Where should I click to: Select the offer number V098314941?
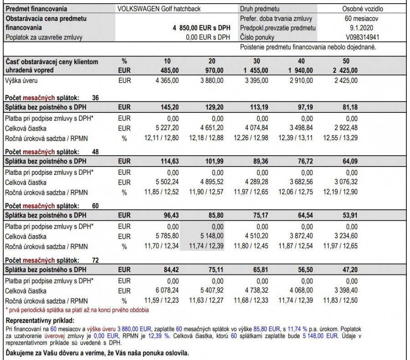pyautogui.click(x=362, y=37)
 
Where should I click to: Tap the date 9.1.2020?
pyautogui.click(x=363, y=28)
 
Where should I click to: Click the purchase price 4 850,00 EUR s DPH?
pyautogui.click(x=201, y=28)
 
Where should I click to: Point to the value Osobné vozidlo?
pyautogui.click(x=363, y=9)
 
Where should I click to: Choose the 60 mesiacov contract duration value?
pyautogui.click(x=363, y=19)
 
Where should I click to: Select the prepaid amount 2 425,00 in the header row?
pyautogui.click(x=346, y=71)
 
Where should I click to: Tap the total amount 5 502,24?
pyautogui.click(x=167, y=182)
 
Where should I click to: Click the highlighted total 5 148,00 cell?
pyautogui.click(x=211, y=236)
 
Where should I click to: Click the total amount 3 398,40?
pyautogui.click(x=345, y=290)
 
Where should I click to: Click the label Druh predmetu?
pyautogui.click(x=260, y=9)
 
